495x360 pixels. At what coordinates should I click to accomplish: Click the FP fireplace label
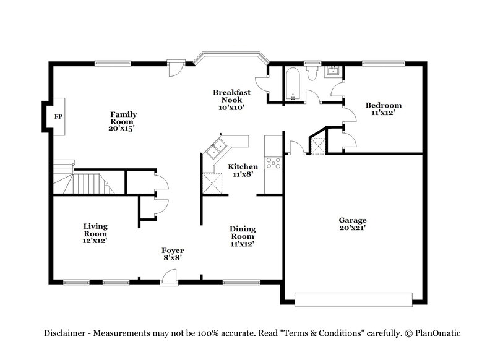[x=58, y=117]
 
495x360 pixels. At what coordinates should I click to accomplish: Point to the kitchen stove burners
[x=272, y=163]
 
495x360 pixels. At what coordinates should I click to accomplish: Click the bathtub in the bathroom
[x=291, y=84]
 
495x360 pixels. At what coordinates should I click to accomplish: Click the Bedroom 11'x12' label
[x=383, y=109]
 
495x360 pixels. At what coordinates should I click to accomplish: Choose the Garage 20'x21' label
[x=352, y=224]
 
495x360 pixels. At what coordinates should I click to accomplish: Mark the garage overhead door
[x=353, y=299]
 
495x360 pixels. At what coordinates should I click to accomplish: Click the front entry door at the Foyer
[x=168, y=280]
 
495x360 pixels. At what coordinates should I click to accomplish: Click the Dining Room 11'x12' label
[x=243, y=236]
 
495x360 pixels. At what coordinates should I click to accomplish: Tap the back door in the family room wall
[x=176, y=67]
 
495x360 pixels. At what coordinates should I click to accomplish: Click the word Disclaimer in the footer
[x=64, y=333]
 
